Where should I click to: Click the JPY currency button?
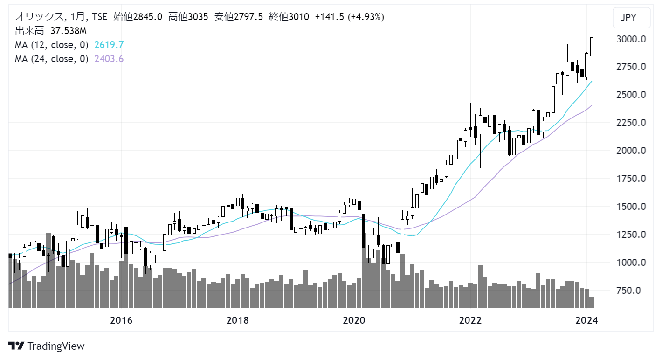[631, 18]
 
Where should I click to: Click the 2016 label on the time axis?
[121, 320]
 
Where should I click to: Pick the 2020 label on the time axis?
[354, 320]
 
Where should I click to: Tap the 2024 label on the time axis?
[586, 320]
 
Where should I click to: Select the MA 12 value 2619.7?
[109, 45]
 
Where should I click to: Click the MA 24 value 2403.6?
[109, 59]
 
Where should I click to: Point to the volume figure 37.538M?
[68, 31]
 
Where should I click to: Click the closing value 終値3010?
[289, 17]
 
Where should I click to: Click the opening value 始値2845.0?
[138, 17]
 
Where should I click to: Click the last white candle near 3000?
[592, 47]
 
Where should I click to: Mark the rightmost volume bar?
[592, 303]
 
